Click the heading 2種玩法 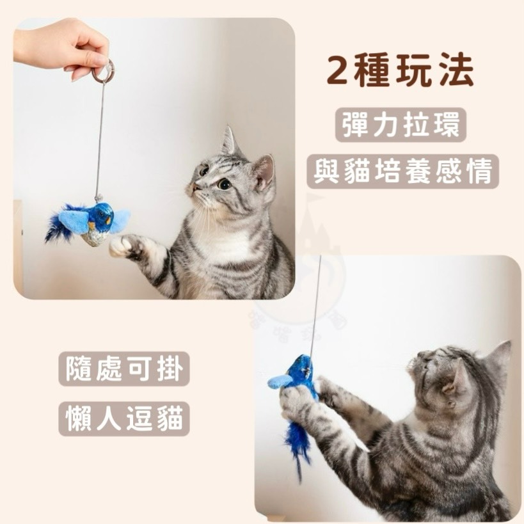[x=401, y=72]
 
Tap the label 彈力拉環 [x=401, y=125]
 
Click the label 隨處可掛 [x=124, y=370]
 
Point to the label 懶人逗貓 [x=124, y=419]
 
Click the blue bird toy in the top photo [x=96, y=221]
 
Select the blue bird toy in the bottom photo [x=299, y=377]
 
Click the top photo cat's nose [x=191, y=187]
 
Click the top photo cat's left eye [x=224, y=184]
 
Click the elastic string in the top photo [x=100, y=134]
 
